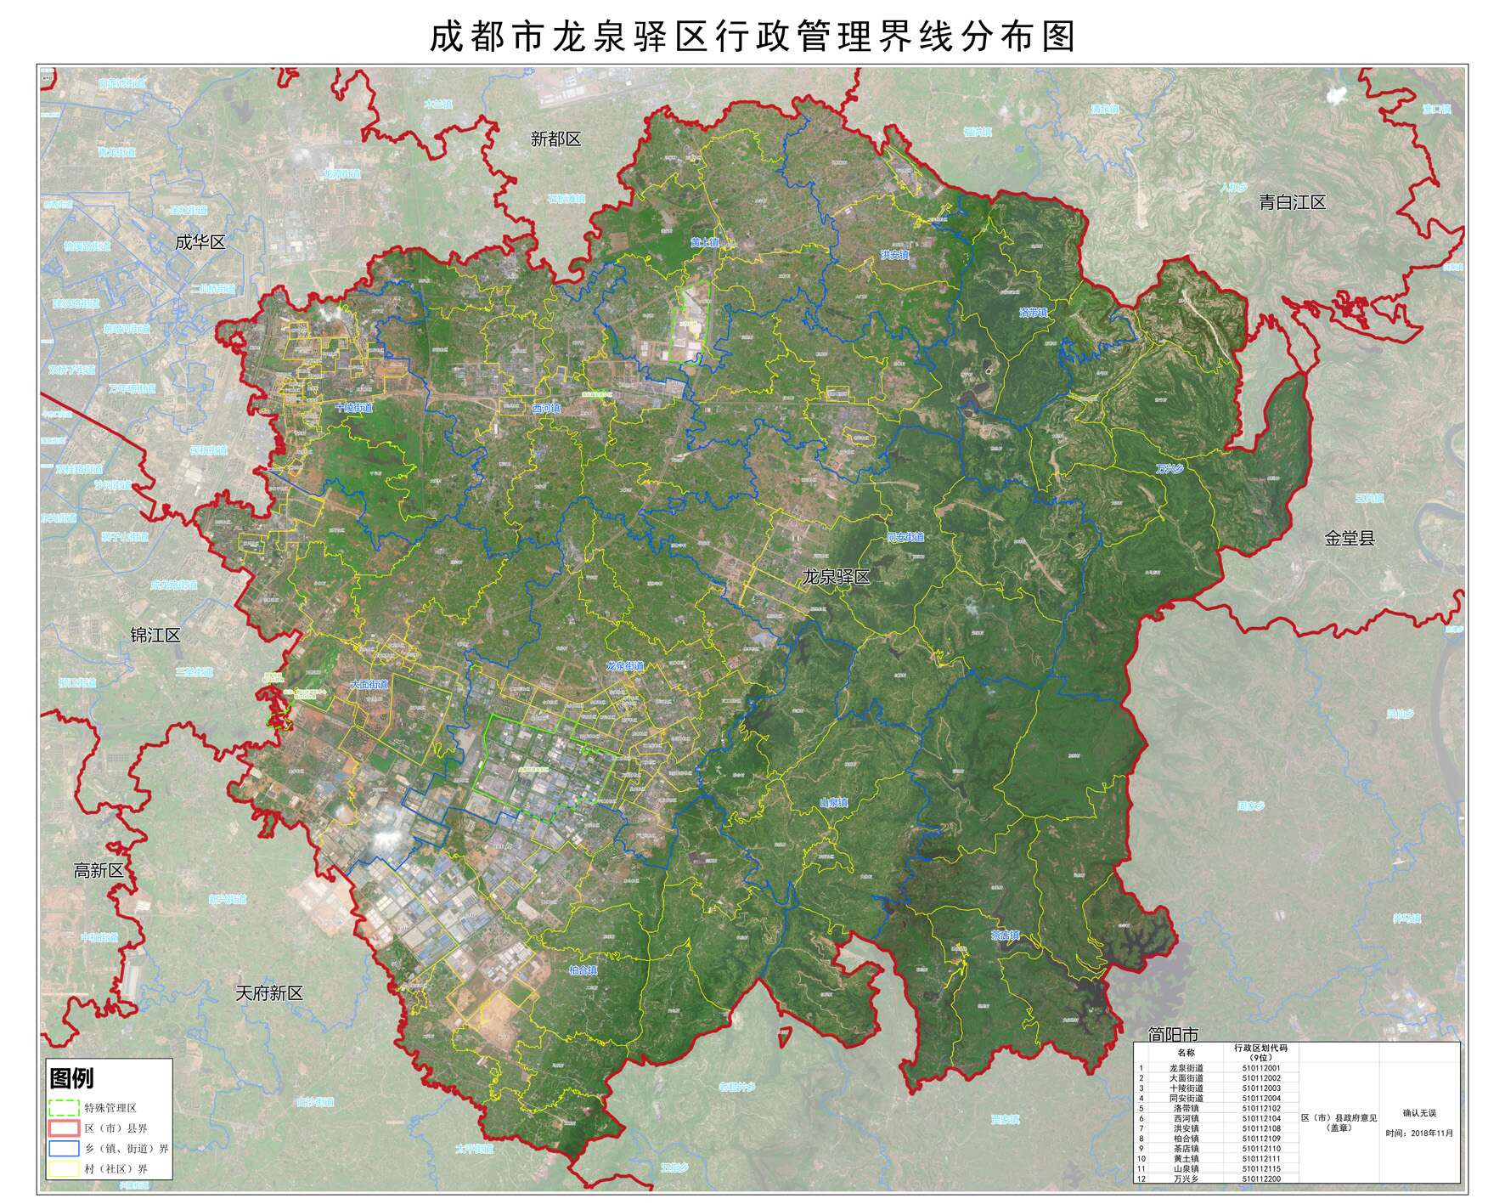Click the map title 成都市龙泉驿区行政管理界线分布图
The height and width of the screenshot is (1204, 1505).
752,37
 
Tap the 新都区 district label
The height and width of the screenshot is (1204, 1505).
555,139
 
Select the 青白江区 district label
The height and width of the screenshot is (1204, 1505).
1292,202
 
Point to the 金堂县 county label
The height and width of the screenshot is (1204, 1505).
1349,538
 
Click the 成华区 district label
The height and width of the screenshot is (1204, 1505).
200,242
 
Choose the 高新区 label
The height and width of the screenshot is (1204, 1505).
99,870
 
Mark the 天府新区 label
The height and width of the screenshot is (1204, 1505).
268,993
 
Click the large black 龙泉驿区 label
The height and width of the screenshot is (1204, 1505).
837,577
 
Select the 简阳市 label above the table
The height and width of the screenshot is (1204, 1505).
1172,1034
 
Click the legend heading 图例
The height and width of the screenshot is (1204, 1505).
72,1079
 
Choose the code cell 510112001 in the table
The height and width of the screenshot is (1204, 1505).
1260,1068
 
